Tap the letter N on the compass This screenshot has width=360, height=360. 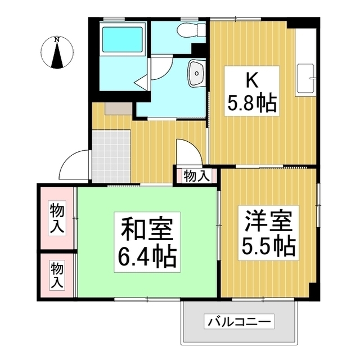point(57,39)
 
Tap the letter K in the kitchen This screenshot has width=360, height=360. point(251,81)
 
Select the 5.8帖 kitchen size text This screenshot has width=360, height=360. point(251,103)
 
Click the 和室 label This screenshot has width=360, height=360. point(147,228)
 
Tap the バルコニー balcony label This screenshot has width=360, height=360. point(239,322)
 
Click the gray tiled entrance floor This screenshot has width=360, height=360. point(111,155)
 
